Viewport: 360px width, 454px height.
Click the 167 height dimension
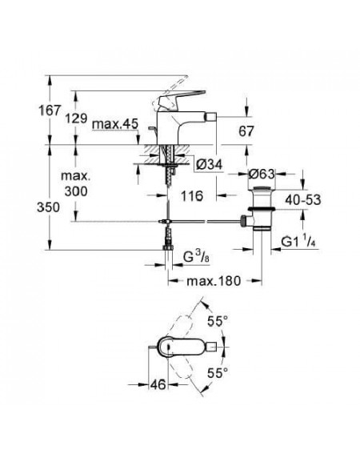(x=50, y=110)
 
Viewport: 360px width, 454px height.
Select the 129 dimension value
(x=76, y=119)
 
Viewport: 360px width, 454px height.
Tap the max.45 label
(x=115, y=124)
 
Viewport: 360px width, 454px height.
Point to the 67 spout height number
(x=246, y=131)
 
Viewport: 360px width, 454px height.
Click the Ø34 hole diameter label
(x=210, y=164)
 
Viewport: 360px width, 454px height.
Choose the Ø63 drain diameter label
(x=262, y=174)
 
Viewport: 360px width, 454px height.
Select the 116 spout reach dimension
(x=192, y=196)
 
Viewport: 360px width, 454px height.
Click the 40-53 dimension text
(x=303, y=200)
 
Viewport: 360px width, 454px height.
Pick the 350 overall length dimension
(x=48, y=207)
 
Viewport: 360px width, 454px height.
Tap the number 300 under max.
(x=76, y=191)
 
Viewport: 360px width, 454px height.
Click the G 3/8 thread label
(x=196, y=256)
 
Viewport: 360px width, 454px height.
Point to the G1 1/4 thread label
(x=298, y=241)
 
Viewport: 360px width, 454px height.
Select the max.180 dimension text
(x=214, y=281)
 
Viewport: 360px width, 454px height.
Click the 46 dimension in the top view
(x=158, y=384)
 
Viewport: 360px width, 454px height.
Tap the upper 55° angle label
(x=218, y=321)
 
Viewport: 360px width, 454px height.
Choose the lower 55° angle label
(x=218, y=373)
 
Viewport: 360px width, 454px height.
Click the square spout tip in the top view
(x=213, y=346)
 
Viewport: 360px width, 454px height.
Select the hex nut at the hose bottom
(x=168, y=247)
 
